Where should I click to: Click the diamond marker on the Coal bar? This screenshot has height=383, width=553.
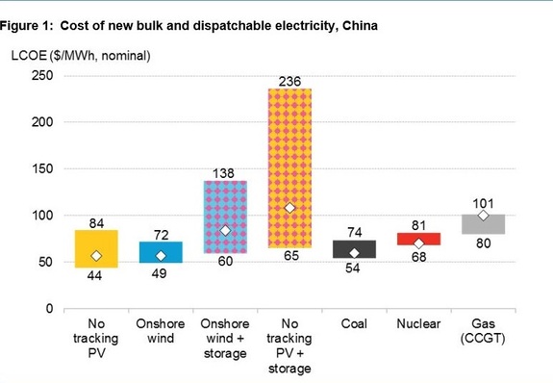coord(353,253)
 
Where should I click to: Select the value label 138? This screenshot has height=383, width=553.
coord(224,171)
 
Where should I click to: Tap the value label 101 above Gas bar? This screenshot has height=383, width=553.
coord(483,204)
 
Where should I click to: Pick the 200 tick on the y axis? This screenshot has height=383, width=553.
coord(40,122)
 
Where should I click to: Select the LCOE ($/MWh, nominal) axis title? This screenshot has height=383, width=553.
coord(82,56)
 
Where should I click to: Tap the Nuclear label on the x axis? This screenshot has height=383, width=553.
coord(418,324)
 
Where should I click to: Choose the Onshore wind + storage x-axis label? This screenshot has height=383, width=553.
coord(224,338)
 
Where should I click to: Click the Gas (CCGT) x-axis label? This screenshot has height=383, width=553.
coord(483,331)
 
